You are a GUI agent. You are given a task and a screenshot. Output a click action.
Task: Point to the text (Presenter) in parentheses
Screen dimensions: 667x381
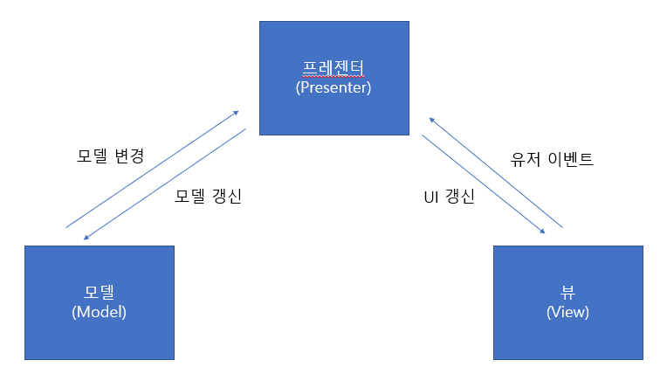coord(333,87)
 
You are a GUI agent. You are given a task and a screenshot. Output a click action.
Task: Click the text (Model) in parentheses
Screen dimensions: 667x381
coord(100,312)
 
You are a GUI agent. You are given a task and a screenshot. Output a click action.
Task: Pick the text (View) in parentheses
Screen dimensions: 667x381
coord(567,312)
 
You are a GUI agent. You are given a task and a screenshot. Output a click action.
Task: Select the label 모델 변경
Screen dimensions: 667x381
coord(110,157)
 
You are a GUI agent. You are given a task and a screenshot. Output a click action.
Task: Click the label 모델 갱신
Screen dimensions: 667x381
coord(208,196)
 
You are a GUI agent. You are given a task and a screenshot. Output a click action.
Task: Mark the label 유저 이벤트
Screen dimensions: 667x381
coord(552,160)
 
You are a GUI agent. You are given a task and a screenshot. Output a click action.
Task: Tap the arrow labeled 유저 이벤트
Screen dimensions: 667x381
coord(493,172)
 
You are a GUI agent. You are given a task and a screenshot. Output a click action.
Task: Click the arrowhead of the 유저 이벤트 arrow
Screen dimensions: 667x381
coord(430,120)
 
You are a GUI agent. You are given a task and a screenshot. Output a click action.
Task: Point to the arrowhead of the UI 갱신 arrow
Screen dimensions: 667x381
coord(543,232)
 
